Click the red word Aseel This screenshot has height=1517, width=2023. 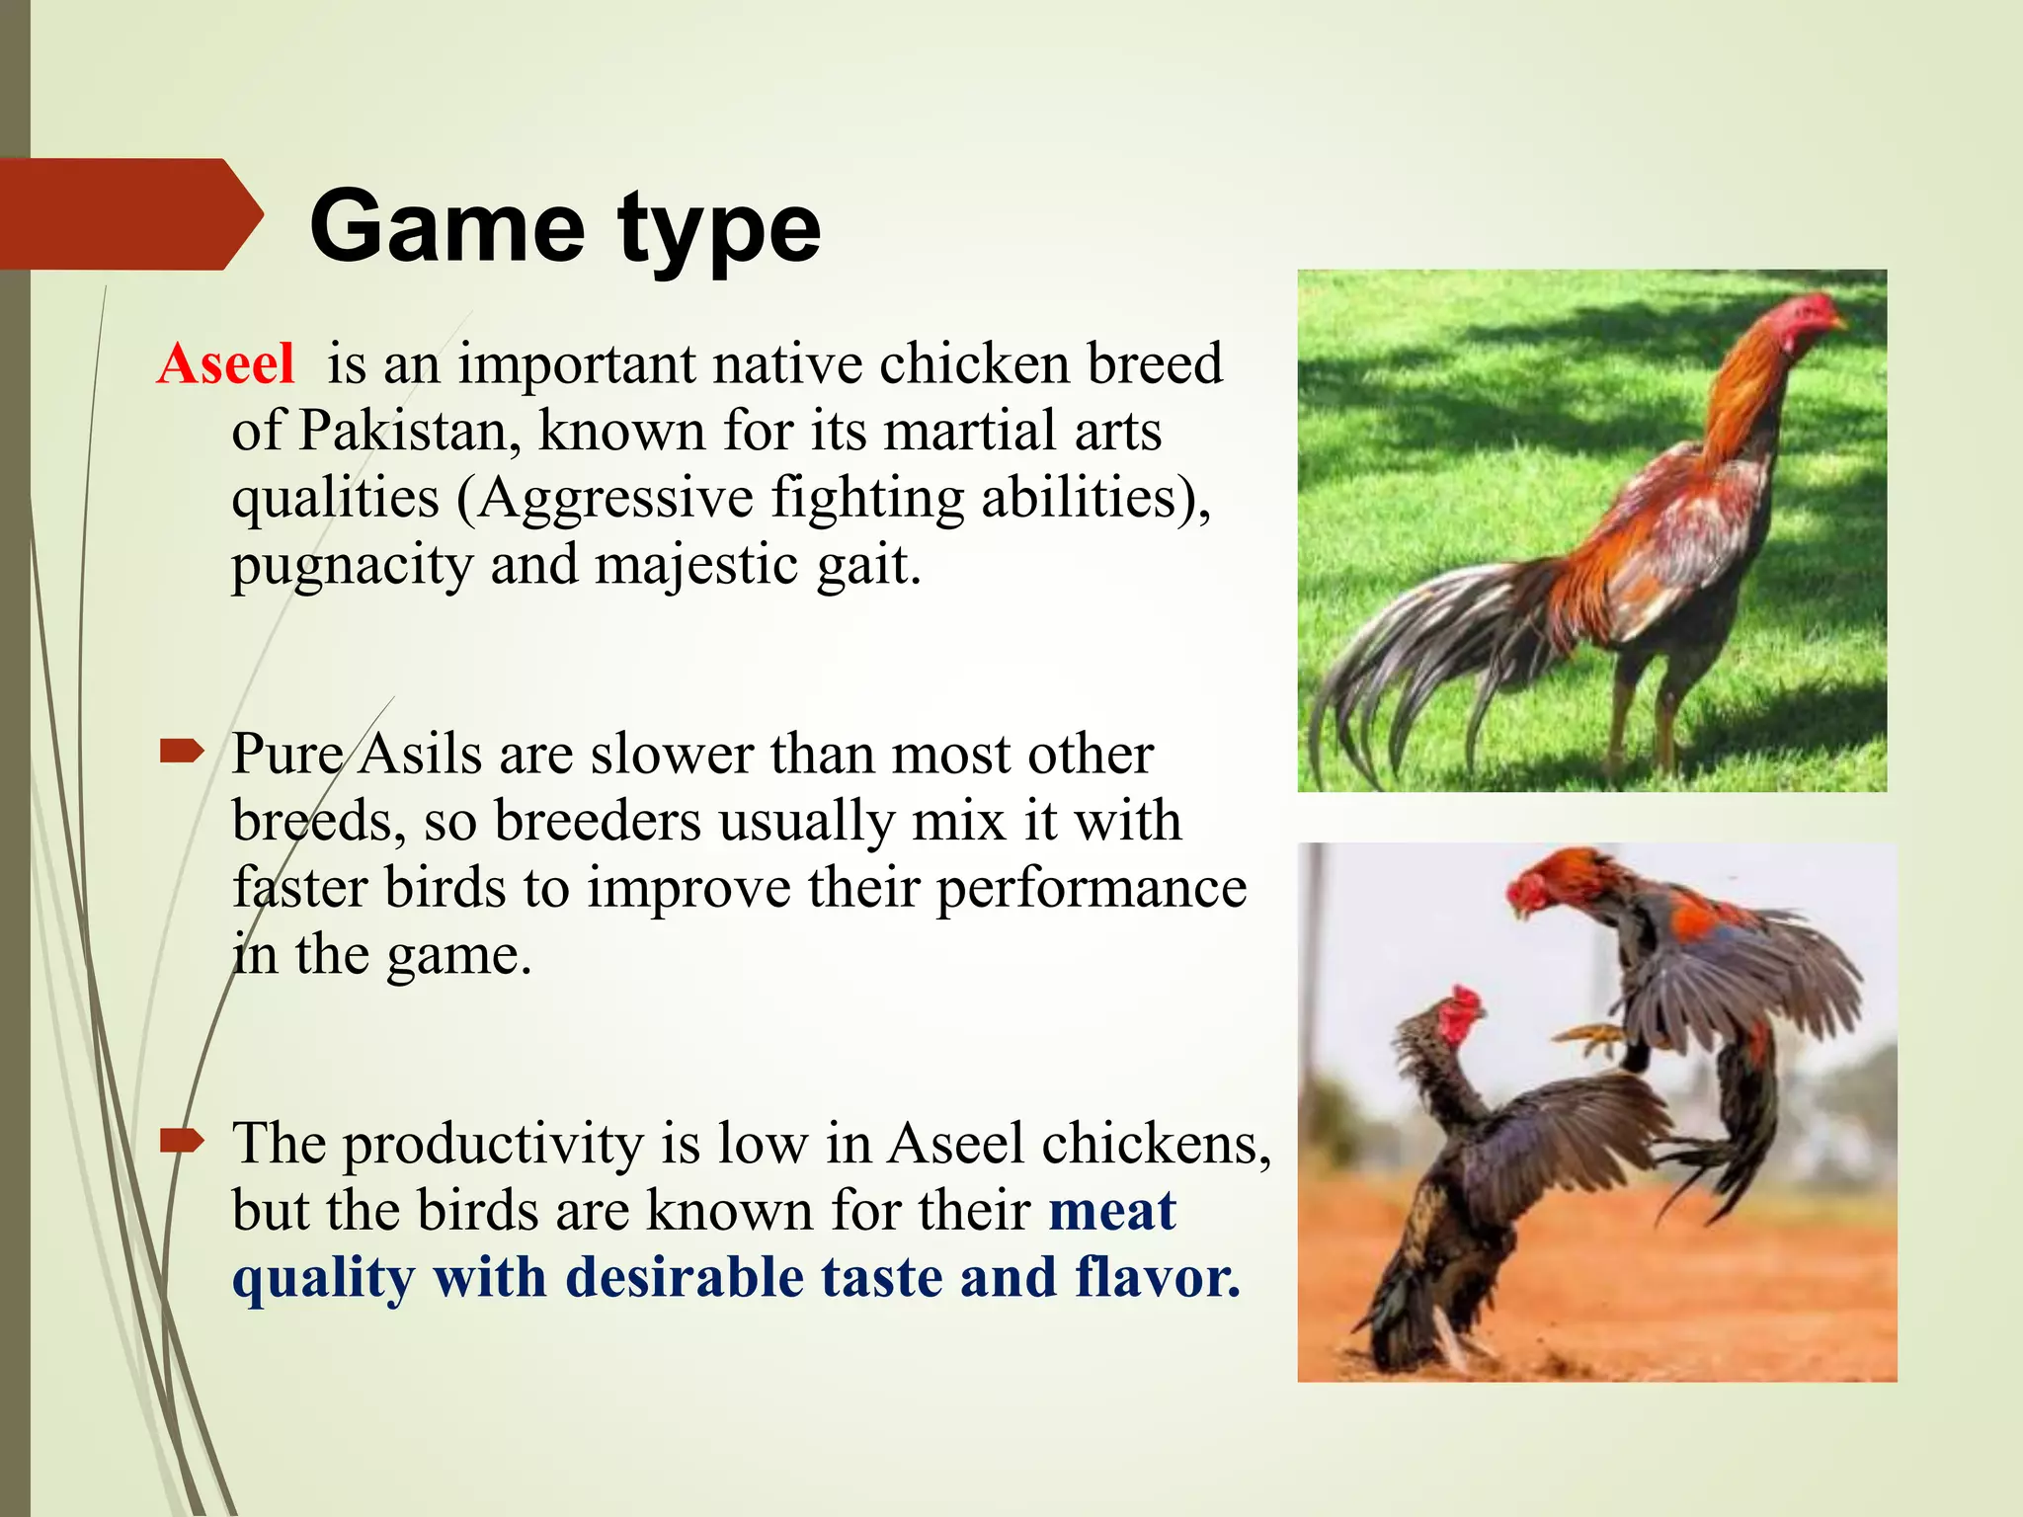pos(226,363)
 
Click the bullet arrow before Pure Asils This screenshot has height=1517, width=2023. pos(182,753)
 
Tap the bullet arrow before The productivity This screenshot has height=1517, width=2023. pos(182,1142)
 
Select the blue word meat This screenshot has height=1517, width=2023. pos(1112,1211)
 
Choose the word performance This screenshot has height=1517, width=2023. pos(1092,889)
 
